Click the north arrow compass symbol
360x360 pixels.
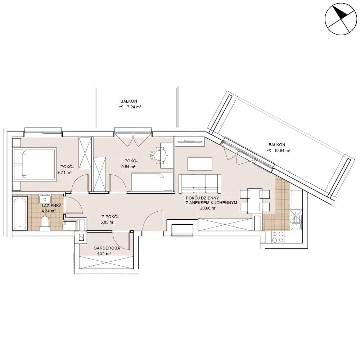tap(341, 19)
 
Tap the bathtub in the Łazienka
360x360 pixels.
tap(21, 214)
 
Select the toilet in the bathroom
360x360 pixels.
tap(45, 224)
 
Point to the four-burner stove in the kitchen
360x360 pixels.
tap(278, 237)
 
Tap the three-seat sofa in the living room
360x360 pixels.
tap(200, 184)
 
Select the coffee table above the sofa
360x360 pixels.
tap(200, 164)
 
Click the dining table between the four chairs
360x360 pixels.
tap(255, 201)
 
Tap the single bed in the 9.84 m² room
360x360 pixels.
tap(152, 182)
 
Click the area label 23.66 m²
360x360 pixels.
tap(208, 208)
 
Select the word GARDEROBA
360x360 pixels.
tap(107, 248)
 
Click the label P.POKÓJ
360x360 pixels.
tap(111, 217)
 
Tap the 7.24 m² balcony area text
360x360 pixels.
tap(134, 107)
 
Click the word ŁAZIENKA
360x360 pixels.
tap(51, 206)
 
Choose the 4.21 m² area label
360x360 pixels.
tap(104, 254)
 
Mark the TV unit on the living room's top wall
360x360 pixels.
tap(190, 141)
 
